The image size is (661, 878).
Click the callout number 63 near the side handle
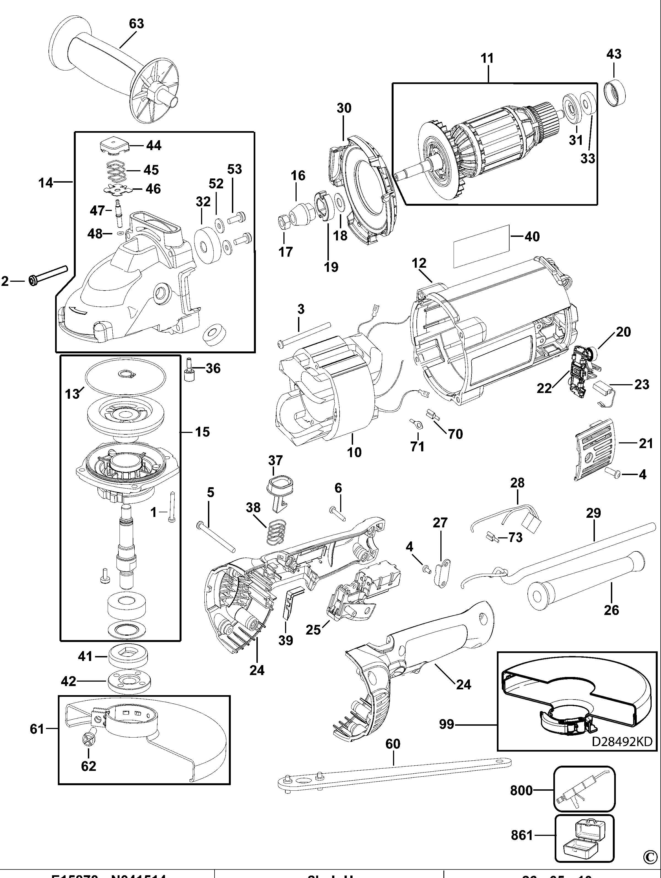coord(136,24)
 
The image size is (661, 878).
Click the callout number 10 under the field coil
coord(354,452)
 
